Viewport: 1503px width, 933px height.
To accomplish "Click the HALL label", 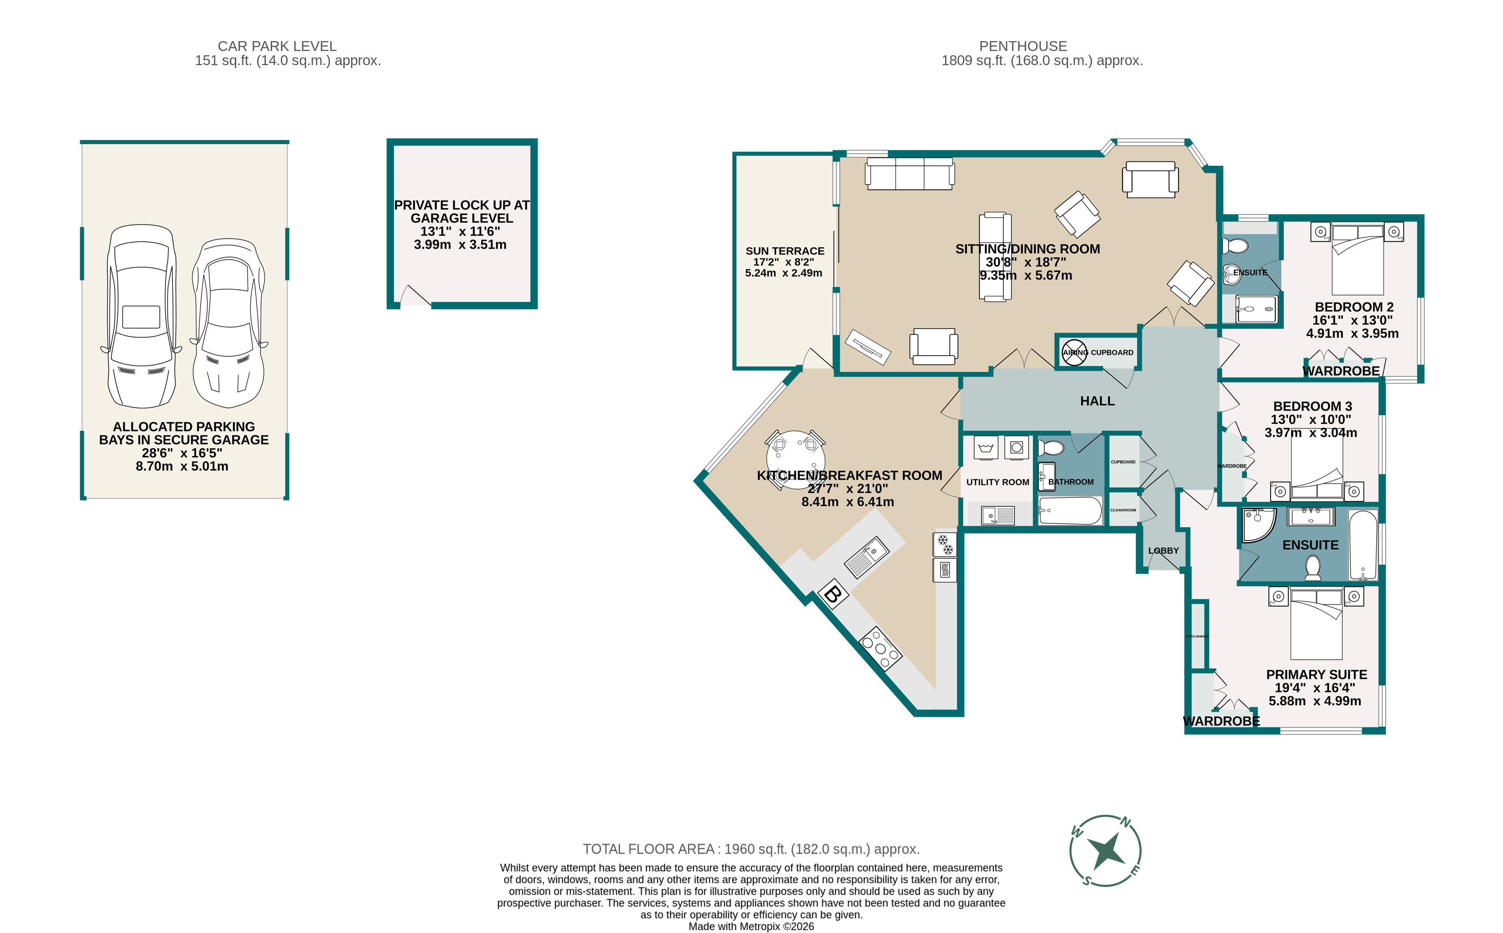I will coord(1097,401).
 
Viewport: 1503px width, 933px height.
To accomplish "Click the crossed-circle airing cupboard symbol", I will coord(1074,352).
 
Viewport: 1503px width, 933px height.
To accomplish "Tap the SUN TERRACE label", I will coord(785,251).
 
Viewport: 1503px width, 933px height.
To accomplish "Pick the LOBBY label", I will coord(1163,550).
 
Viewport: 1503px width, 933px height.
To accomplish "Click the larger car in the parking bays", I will coord(141,316).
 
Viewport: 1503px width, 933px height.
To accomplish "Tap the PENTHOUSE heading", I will coord(1023,46).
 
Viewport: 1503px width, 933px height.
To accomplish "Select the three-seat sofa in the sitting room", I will coord(909,174).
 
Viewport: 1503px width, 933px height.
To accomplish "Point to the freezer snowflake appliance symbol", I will coord(945,545).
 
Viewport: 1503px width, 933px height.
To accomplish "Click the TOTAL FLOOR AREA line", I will coord(751,849).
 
